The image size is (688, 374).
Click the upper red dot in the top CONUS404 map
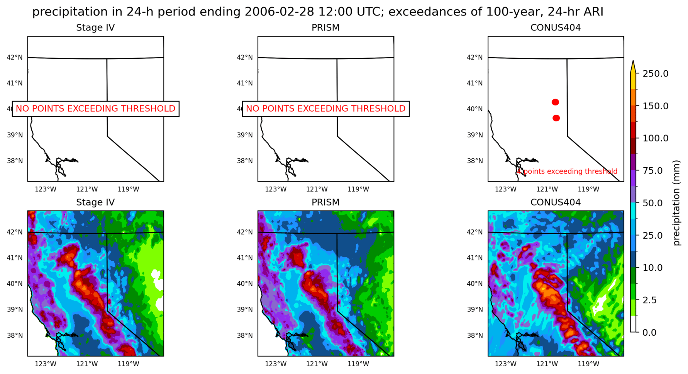tap(555, 102)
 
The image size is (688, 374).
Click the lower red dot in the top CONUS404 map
tap(556, 118)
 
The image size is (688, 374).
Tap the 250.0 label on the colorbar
tap(655, 73)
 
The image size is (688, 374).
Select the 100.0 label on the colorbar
tap(655, 138)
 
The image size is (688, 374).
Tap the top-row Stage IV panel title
tap(95, 28)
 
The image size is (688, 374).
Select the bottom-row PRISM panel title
tap(325, 202)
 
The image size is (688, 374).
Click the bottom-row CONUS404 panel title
tap(555, 202)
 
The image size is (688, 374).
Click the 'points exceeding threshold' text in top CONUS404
tap(570, 171)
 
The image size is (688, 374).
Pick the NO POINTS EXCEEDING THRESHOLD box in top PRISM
tap(325, 109)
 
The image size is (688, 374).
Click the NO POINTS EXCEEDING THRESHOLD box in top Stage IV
tap(95, 109)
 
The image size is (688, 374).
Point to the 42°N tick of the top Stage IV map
tap(15, 57)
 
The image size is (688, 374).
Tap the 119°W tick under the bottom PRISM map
tap(358, 364)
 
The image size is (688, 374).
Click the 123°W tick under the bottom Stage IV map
tap(46, 364)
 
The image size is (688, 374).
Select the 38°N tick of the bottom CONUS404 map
tap(475, 335)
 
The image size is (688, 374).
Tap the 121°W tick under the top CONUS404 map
tap(547, 189)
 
